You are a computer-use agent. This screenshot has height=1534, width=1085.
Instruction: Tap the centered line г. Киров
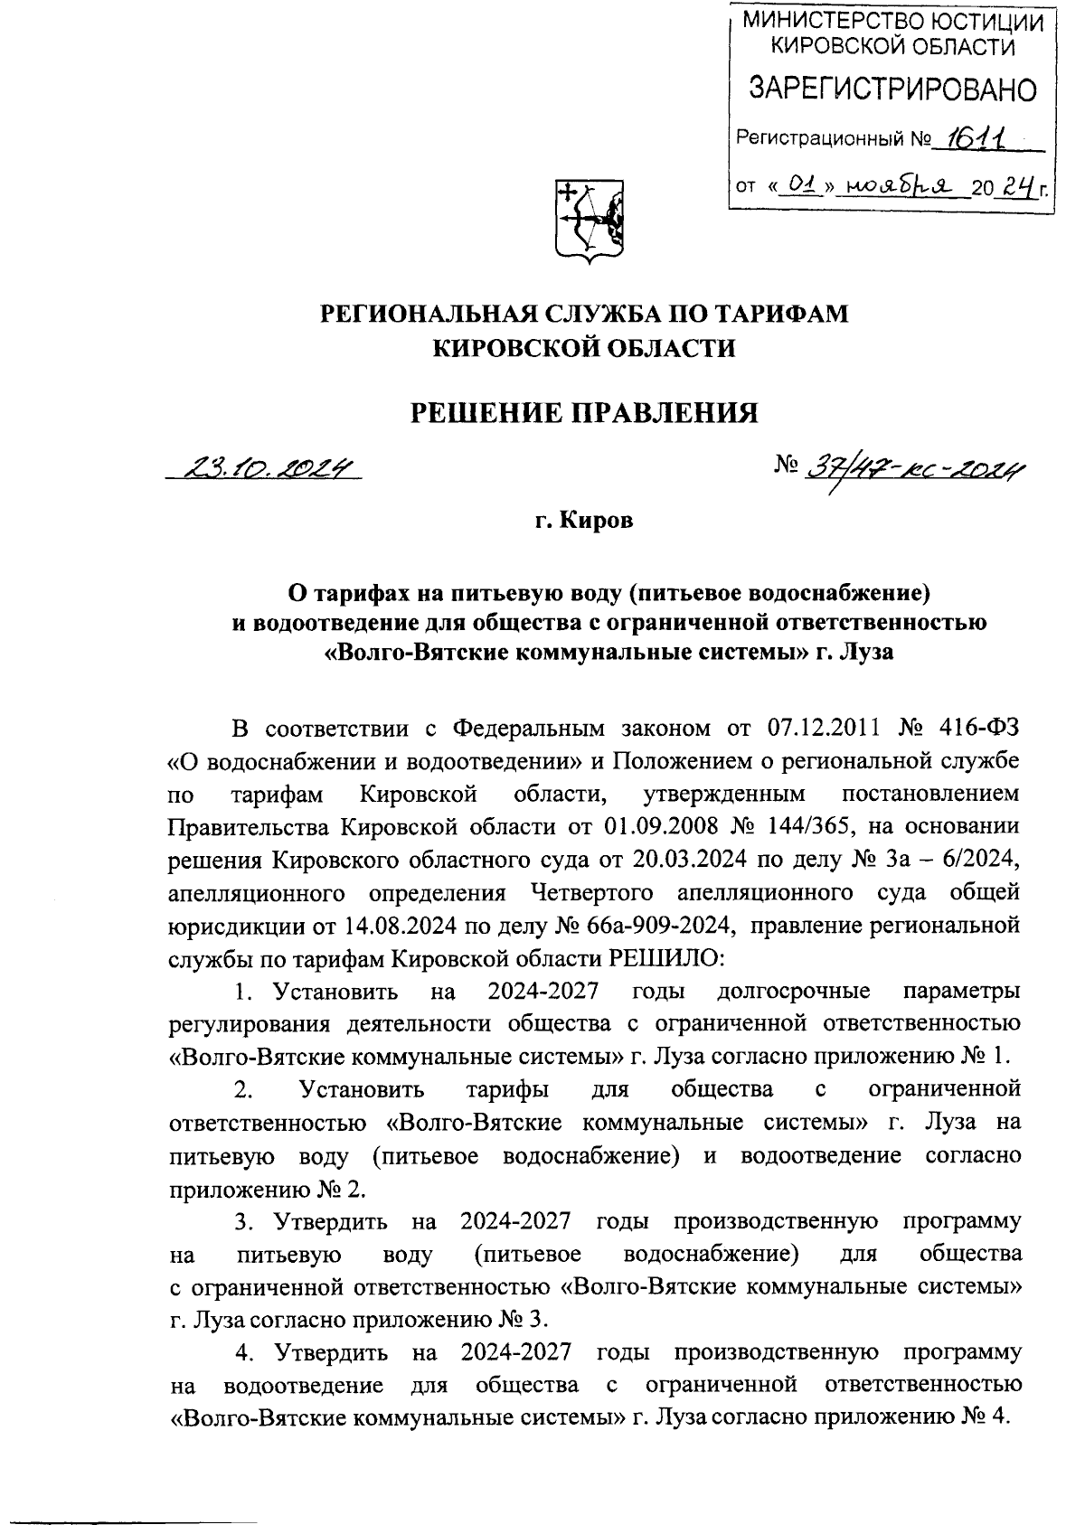pos(584,521)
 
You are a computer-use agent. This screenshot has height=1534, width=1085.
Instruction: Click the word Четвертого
pos(590,892)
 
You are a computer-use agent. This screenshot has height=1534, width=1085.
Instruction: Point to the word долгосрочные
pos(792,991)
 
